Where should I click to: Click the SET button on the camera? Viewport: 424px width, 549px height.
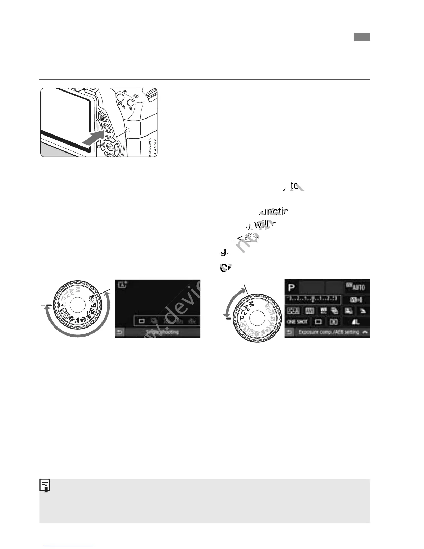point(109,147)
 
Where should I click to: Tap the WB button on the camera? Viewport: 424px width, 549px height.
point(110,138)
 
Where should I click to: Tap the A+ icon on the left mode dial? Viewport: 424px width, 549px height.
point(63,305)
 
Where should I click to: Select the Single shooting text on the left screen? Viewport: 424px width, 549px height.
point(162,332)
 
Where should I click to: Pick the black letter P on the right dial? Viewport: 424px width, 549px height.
point(241,318)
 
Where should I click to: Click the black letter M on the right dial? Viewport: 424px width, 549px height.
point(252,304)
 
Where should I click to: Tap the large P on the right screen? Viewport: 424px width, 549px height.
point(291,287)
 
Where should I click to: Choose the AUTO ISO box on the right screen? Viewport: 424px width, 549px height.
point(356,287)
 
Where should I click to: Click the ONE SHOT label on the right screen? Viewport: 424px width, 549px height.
point(297,322)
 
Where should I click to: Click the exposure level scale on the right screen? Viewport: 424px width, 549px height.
point(313,299)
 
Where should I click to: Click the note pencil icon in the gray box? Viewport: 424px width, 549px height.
point(45,486)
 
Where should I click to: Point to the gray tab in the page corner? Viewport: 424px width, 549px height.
point(362,36)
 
